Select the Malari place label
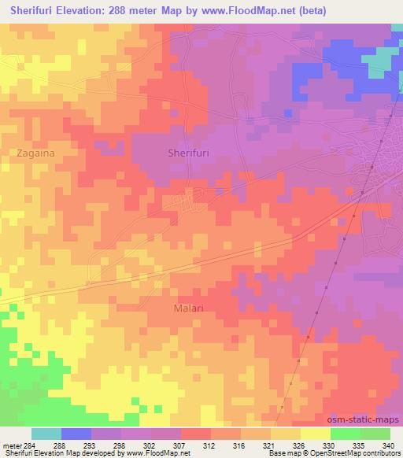188,308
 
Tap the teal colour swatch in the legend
46,434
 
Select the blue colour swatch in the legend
76,434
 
